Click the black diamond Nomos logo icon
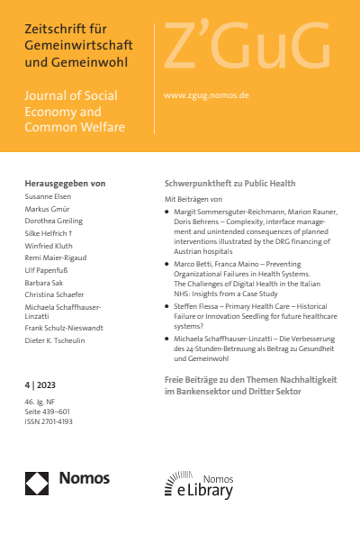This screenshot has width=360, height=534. point(35,484)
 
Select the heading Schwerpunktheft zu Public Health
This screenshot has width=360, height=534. point(229,183)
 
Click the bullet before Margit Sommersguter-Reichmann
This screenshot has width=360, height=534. point(167,210)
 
